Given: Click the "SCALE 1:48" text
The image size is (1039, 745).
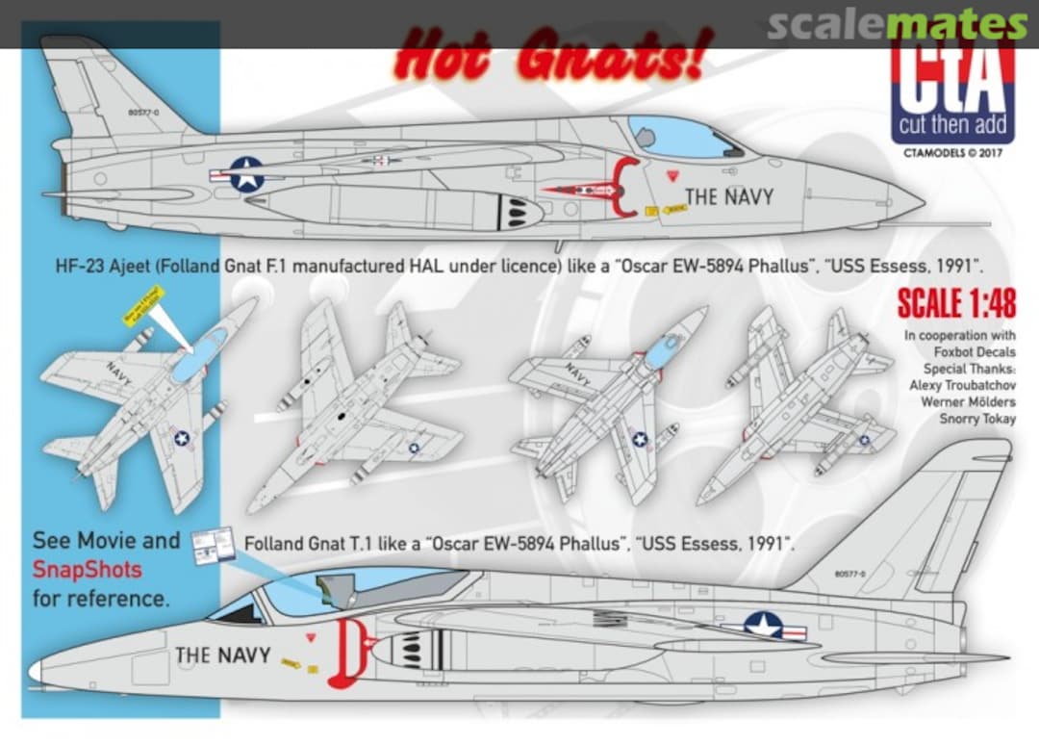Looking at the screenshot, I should click(x=954, y=303).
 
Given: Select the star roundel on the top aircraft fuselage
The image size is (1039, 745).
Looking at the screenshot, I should click(x=247, y=175).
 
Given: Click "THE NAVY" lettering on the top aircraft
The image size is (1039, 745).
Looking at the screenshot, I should click(x=729, y=197).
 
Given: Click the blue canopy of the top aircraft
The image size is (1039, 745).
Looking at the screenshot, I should click(x=678, y=137).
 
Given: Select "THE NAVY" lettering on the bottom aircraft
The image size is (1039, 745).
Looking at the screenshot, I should click(x=222, y=655).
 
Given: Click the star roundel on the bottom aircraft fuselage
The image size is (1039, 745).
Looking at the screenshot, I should click(x=764, y=627).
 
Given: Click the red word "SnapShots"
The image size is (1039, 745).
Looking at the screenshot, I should click(x=87, y=570).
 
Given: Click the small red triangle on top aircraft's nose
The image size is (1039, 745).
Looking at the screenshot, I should click(x=672, y=176).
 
